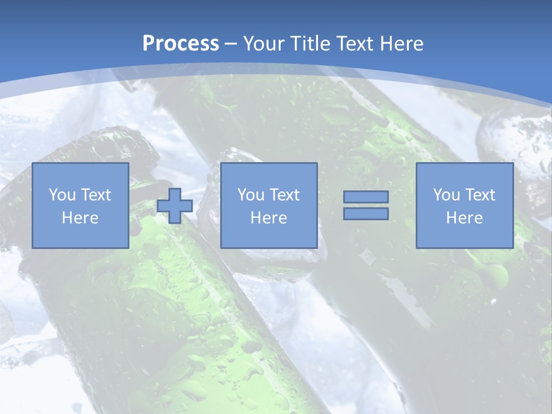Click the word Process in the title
tap(181, 44)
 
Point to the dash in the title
tap(231, 44)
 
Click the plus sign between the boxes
tap(175, 206)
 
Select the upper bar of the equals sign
tap(366, 197)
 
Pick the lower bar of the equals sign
tap(366, 214)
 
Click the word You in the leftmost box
tap(62, 195)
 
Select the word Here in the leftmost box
tap(80, 218)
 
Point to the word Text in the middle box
tap(285, 195)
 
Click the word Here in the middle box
tap(269, 218)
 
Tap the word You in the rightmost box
tap(446, 195)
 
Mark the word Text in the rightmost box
tap(480, 195)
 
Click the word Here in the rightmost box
tap(464, 218)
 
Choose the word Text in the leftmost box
tap(96, 195)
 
